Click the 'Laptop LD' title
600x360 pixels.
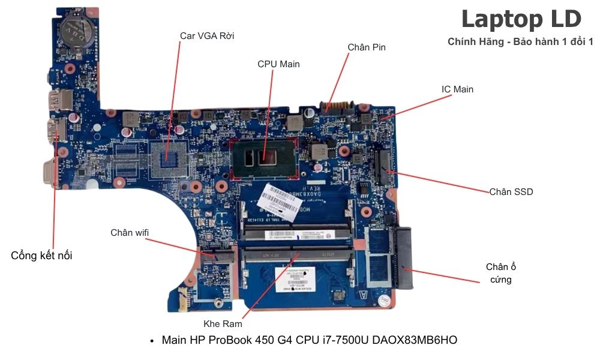[521, 20]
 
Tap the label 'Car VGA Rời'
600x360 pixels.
[207, 36]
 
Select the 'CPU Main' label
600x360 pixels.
[278, 64]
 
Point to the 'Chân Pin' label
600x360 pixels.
[367, 47]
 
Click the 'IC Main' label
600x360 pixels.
[457, 89]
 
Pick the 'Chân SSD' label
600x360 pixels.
[511, 192]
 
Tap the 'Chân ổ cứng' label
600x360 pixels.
[500, 273]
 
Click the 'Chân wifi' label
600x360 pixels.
[130, 233]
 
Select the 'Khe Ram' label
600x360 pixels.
[223, 324]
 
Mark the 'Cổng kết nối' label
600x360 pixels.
[41, 256]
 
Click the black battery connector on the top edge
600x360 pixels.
[338, 108]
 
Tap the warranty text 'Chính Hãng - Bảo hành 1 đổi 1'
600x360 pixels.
[520, 42]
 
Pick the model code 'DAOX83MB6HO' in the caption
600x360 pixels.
[415, 341]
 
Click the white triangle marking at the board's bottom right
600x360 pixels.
[362, 295]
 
